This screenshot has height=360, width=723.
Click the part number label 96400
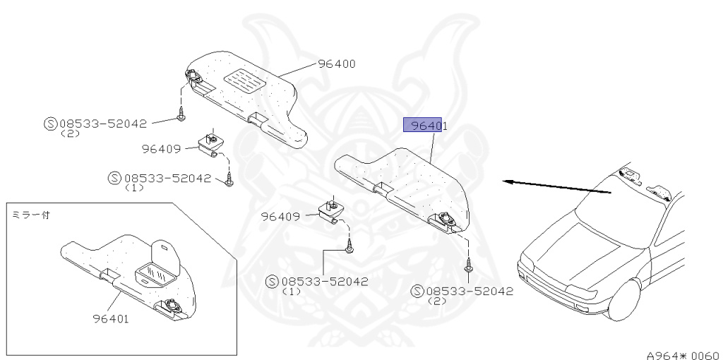tap(336, 64)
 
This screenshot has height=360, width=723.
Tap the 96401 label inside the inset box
tap(110, 318)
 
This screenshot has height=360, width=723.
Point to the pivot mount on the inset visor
tap(171, 306)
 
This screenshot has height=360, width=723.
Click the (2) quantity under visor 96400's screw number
tap(70, 133)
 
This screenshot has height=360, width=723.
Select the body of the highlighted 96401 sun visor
tap(402, 180)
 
